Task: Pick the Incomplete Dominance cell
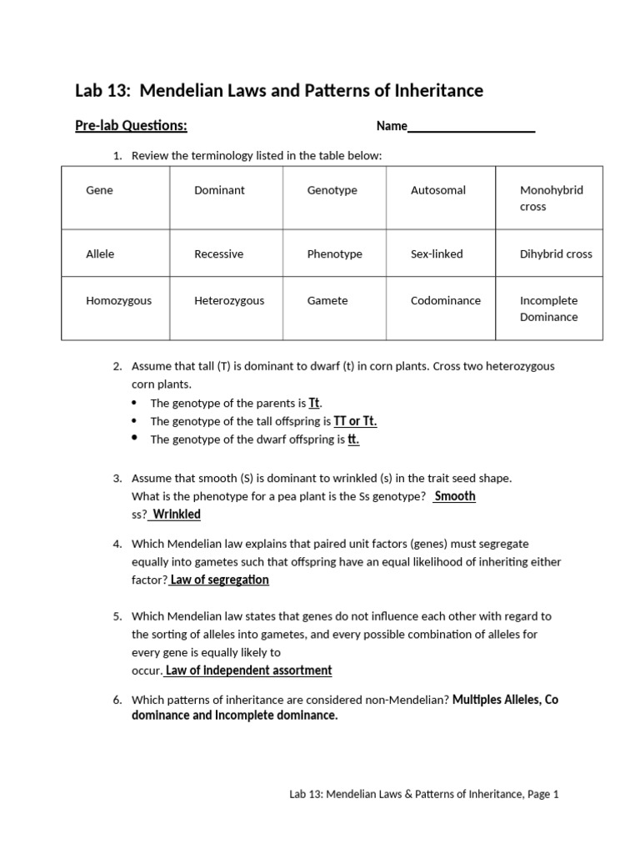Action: click(548, 309)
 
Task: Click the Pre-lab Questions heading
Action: click(131, 126)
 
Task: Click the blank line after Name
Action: click(471, 127)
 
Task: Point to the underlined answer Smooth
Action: click(455, 496)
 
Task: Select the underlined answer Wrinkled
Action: click(176, 515)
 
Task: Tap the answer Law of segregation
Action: click(219, 580)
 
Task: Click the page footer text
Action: click(417, 795)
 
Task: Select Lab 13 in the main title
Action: click(98, 90)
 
